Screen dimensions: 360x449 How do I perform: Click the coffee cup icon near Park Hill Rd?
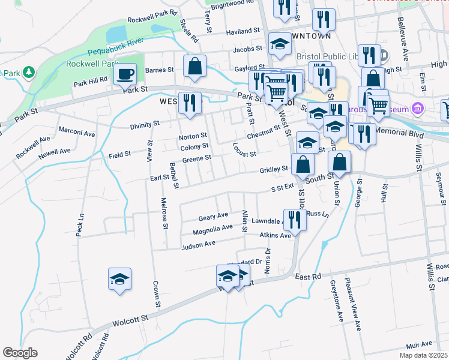click(x=125, y=74)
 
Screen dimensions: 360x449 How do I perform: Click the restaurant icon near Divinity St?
click(x=189, y=103)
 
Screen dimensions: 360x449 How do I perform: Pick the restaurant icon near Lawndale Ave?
click(x=294, y=219)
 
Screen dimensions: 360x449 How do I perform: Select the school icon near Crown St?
click(x=120, y=279)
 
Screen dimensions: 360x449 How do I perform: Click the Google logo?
click(x=20, y=353)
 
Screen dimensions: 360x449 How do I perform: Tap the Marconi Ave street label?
click(x=77, y=133)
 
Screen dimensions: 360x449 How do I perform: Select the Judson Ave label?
click(x=198, y=244)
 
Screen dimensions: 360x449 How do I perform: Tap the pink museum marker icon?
click(x=418, y=109)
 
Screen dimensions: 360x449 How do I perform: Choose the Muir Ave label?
click(x=418, y=344)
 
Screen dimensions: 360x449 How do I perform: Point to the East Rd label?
click(x=309, y=277)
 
